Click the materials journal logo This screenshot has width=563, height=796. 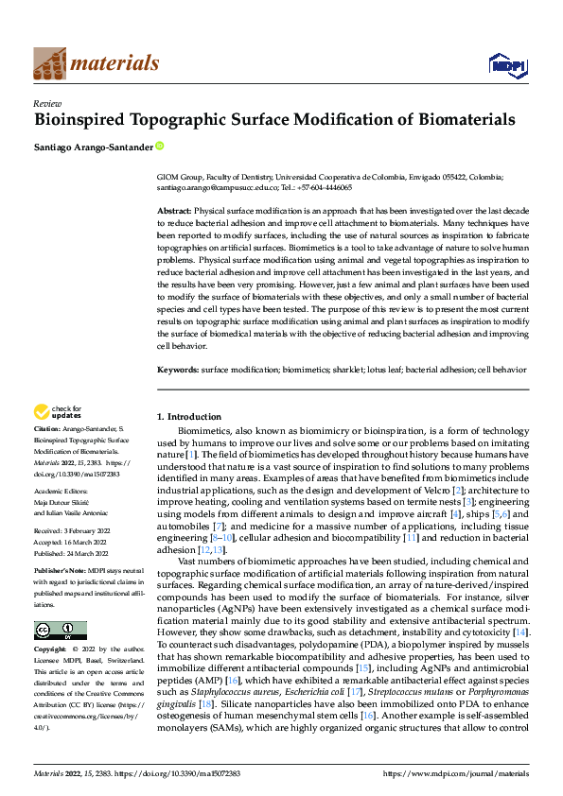pyautogui.click(x=96, y=63)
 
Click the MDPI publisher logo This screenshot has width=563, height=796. pyautogui.click(x=506, y=64)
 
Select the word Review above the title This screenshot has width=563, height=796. pyautogui.click(x=46, y=103)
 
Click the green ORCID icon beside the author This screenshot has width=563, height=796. pyautogui.click(x=159, y=146)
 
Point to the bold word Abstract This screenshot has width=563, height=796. pyautogui.click(x=173, y=210)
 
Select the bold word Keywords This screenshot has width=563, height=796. pyautogui.click(x=177, y=369)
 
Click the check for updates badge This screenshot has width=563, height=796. pyautogui.click(x=56, y=411)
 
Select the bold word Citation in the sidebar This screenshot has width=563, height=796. pyautogui.click(x=50, y=431)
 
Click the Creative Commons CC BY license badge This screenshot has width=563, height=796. pyautogui.click(x=60, y=631)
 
